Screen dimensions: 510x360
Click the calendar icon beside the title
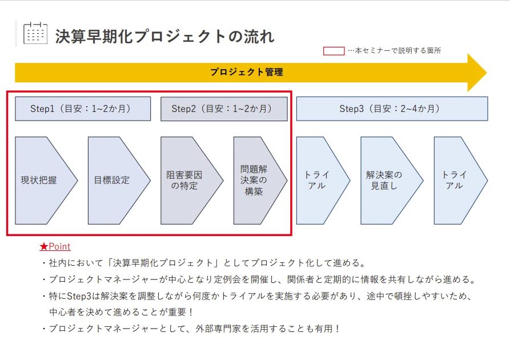click(35, 33)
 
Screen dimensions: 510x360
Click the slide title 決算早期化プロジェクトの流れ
click(165, 36)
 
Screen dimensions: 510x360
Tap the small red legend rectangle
click(334, 51)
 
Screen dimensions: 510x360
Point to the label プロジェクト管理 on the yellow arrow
click(247, 72)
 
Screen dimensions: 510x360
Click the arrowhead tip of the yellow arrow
click(487, 73)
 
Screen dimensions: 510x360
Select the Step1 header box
click(83, 109)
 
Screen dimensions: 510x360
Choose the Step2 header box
click(224, 109)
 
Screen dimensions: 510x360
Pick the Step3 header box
click(392, 109)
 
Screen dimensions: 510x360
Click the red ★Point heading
click(55, 247)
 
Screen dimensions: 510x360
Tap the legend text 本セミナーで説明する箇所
click(398, 51)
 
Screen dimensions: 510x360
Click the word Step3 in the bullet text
click(79, 296)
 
